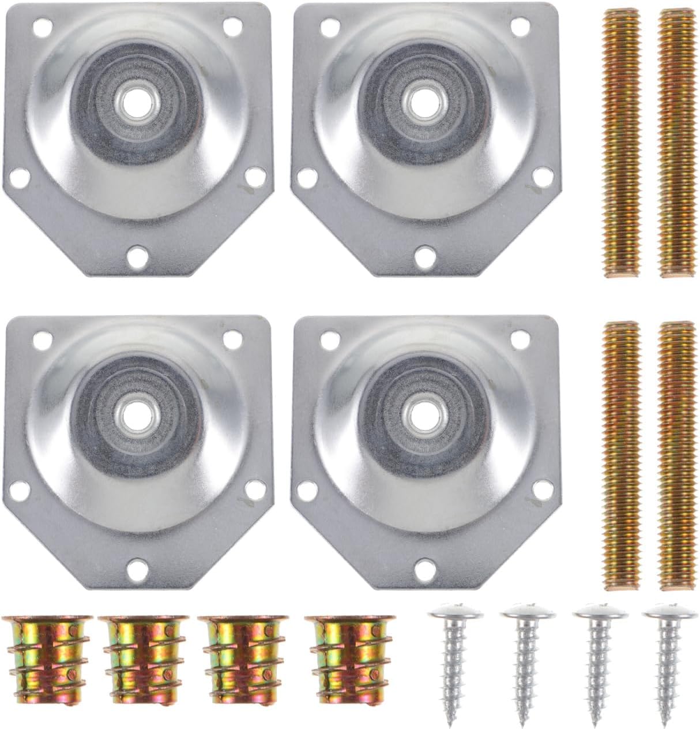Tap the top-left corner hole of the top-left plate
39,25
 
